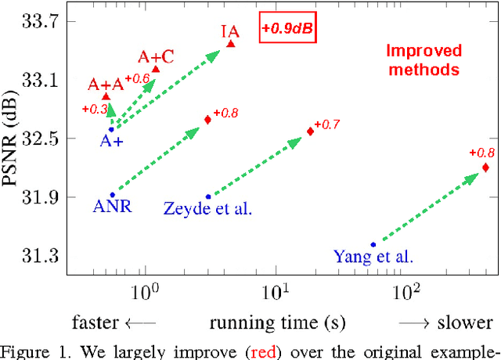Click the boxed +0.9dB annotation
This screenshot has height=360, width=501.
[x=290, y=29]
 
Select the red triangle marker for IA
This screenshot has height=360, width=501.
[x=230, y=44]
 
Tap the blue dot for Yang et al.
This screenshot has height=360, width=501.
[x=373, y=245]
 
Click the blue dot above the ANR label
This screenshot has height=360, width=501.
[x=112, y=195]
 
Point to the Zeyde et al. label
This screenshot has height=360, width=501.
[x=207, y=208]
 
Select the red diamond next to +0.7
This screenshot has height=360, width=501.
[x=310, y=131]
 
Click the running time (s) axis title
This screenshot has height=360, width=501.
[x=275, y=322]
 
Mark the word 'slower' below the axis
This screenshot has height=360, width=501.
[x=467, y=322]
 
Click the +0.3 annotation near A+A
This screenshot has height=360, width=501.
[x=95, y=109]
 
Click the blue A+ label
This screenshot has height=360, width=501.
[x=110, y=142]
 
